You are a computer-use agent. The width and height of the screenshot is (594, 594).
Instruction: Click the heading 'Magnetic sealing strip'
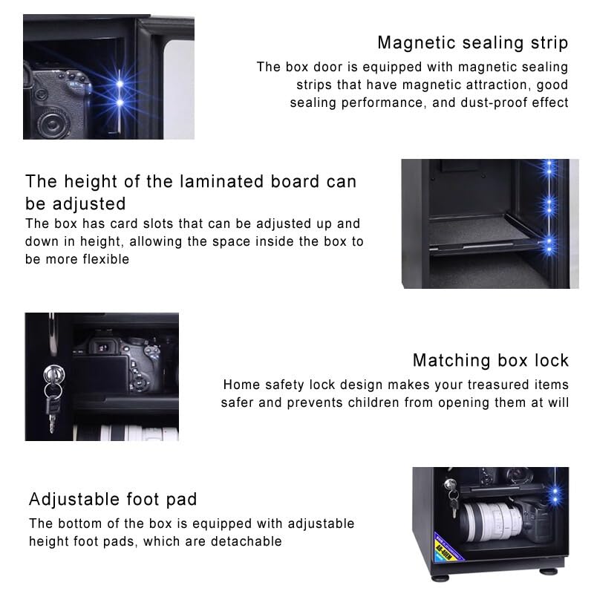click(473, 43)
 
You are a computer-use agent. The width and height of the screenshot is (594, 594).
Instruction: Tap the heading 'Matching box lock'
click(491, 360)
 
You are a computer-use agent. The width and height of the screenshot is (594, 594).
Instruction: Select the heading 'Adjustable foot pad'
click(113, 499)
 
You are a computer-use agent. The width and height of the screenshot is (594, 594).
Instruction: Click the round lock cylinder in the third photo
click(53, 374)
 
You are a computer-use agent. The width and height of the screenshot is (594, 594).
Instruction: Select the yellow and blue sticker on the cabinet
click(449, 546)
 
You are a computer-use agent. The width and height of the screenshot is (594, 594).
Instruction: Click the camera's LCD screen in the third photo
click(101, 374)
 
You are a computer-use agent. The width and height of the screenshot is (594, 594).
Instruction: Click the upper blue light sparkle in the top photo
click(120, 84)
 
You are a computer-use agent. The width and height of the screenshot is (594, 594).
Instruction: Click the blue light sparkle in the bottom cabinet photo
click(555, 492)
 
